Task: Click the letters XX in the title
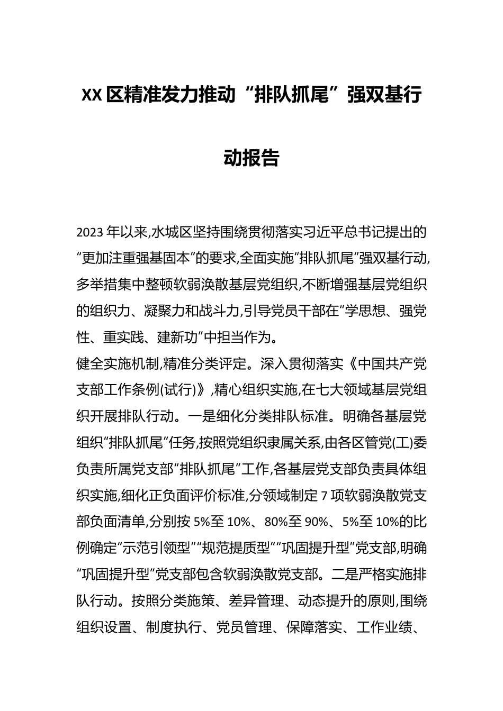pos(91,96)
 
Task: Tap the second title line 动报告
pos(251,157)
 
